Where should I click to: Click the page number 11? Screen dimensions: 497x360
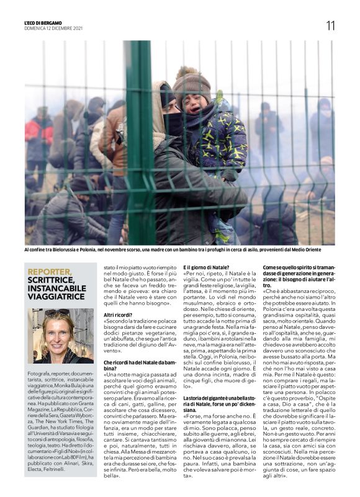click(x=330, y=25)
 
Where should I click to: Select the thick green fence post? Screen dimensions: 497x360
click(x=139, y=143)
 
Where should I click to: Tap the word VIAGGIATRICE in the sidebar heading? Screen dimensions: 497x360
click(x=54, y=297)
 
